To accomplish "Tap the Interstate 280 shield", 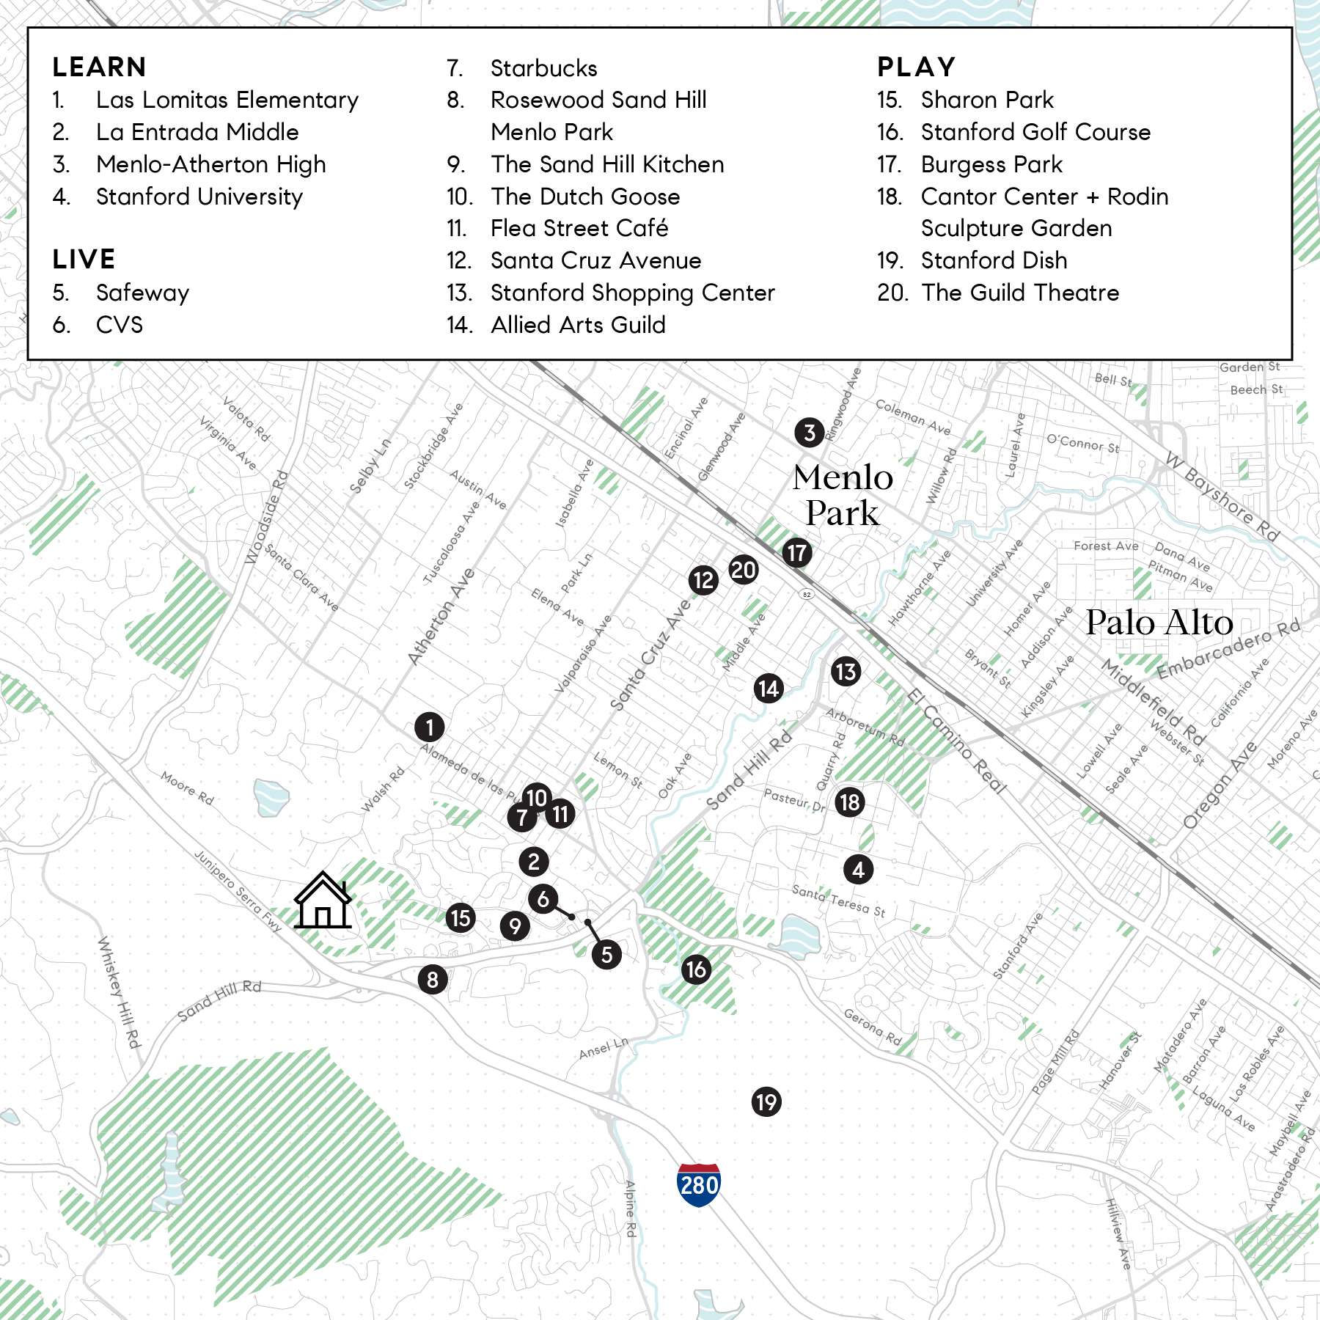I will click(x=699, y=1184).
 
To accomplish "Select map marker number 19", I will click(x=766, y=1101).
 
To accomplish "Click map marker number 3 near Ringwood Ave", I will click(x=810, y=433).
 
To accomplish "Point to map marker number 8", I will click(x=433, y=979).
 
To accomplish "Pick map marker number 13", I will click(x=846, y=671).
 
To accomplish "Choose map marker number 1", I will click(x=430, y=727).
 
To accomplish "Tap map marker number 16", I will click(x=696, y=969).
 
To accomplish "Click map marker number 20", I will click(x=743, y=570).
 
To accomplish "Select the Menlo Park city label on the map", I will click(x=843, y=495).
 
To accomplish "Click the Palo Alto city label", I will click(x=1159, y=623).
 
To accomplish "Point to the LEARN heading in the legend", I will click(x=100, y=67).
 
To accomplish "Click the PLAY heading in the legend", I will click(x=917, y=67).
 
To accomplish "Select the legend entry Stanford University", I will click(x=199, y=197).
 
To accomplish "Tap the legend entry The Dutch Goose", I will click(x=585, y=197).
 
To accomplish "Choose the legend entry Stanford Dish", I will click(x=994, y=260).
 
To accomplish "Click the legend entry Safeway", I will click(x=142, y=293).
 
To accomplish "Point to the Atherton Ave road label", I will click(x=441, y=617).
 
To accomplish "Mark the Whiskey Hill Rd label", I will click(x=119, y=991).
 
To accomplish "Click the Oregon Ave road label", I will click(x=1220, y=785).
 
